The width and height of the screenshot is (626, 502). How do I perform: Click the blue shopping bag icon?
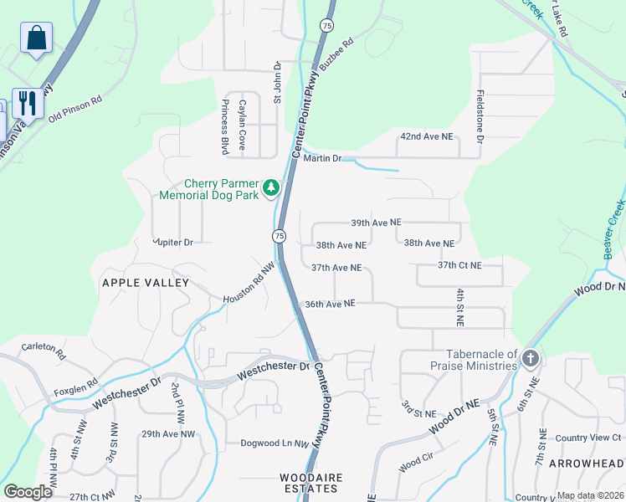(x=36, y=38)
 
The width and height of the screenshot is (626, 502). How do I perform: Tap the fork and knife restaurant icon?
(x=27, y=104)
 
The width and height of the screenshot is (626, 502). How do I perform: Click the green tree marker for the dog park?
(x=270, y=189)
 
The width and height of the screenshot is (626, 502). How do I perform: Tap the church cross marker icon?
(x=529, y=360)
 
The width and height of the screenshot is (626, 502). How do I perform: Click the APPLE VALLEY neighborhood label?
(x=146, y=283)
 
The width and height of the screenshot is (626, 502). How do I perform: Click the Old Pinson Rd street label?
(x=74, y=109)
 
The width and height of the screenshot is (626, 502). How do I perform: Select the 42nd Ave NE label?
(x=426, y=136)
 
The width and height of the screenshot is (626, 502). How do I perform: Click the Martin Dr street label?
(x=322, y=158)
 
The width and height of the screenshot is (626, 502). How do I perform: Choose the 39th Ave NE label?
(x=376, y=223)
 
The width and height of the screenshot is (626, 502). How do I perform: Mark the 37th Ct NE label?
(x=459, y=265)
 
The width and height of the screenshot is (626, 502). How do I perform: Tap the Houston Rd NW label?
(x=249, y=284)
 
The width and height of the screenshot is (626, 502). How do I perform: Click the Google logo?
(x=28, y=492)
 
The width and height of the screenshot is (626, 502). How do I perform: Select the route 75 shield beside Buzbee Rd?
(x=326, y=27)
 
